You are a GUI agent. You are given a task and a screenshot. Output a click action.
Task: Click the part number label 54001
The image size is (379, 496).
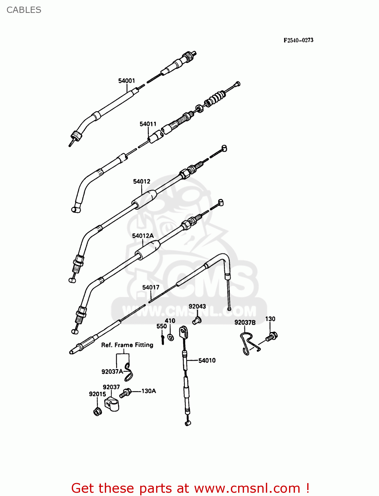(x=127, y=81)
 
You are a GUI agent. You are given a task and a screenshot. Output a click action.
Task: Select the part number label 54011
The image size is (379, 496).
(x=148, y=124)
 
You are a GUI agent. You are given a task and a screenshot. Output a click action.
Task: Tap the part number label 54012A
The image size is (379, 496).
(x=143, y=236)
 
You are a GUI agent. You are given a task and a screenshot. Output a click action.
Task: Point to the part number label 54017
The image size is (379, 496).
(x=151, y=287)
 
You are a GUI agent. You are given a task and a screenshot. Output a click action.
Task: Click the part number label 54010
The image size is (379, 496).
(x=207, y=360)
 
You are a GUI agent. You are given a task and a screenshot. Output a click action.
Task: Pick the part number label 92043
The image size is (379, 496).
(x=197, y=307)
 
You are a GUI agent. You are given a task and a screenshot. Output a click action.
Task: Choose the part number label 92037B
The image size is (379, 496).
(x=245, y=322)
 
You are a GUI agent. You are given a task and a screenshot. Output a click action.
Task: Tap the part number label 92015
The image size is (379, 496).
(x=97, y=394)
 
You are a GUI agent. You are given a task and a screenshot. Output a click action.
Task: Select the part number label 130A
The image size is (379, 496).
(x=149, y=391)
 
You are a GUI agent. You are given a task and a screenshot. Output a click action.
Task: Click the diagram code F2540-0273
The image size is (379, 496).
(x=298, y=40)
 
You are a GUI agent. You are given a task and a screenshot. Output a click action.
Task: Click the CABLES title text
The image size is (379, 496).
(x=24, y=10)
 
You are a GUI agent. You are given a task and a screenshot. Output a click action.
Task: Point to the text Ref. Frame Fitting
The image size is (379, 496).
(x=127, y=345)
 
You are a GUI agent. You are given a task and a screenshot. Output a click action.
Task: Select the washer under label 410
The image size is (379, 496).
(x=171, y=337)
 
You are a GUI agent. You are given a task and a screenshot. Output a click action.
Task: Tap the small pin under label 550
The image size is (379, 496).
(x=163, y=339)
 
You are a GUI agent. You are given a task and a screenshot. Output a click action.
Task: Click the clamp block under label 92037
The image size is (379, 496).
(x=112, y=404)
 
